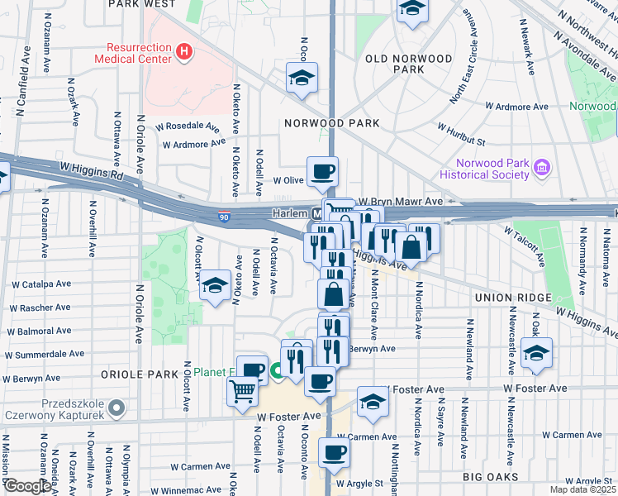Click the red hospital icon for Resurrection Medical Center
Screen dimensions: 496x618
pyautogui.click(x=183, y=52)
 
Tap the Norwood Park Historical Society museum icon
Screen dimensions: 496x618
pyautogui.click(x=542, y=168)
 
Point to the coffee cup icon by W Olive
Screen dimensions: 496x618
pyautogui.click(x=321, y=171)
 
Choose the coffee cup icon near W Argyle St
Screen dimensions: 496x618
pyautogui.click(x=335, y=451)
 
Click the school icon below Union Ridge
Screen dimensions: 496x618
pyautogui.click(x=536, y=352)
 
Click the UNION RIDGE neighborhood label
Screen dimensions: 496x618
pyautogui.click(x=507, y=297)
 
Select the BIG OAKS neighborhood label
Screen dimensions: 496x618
pyautogui.click(x=490, y=478)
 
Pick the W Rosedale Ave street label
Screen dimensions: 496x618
pyautogui.click(x=191, y=127)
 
